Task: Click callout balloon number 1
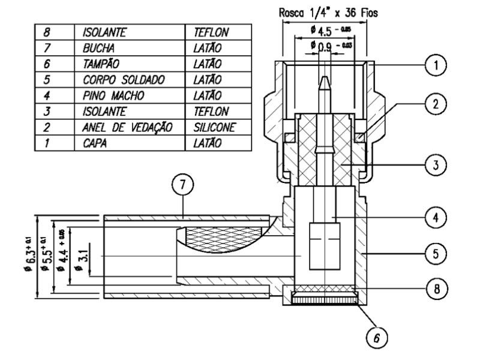[440, 64]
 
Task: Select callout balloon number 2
[440, 103]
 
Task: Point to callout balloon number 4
[440, 215]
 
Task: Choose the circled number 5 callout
[440, 254]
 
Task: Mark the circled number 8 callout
[440, 288]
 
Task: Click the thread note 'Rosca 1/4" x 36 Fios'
[325, 11]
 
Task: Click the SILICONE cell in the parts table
[214, 128]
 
